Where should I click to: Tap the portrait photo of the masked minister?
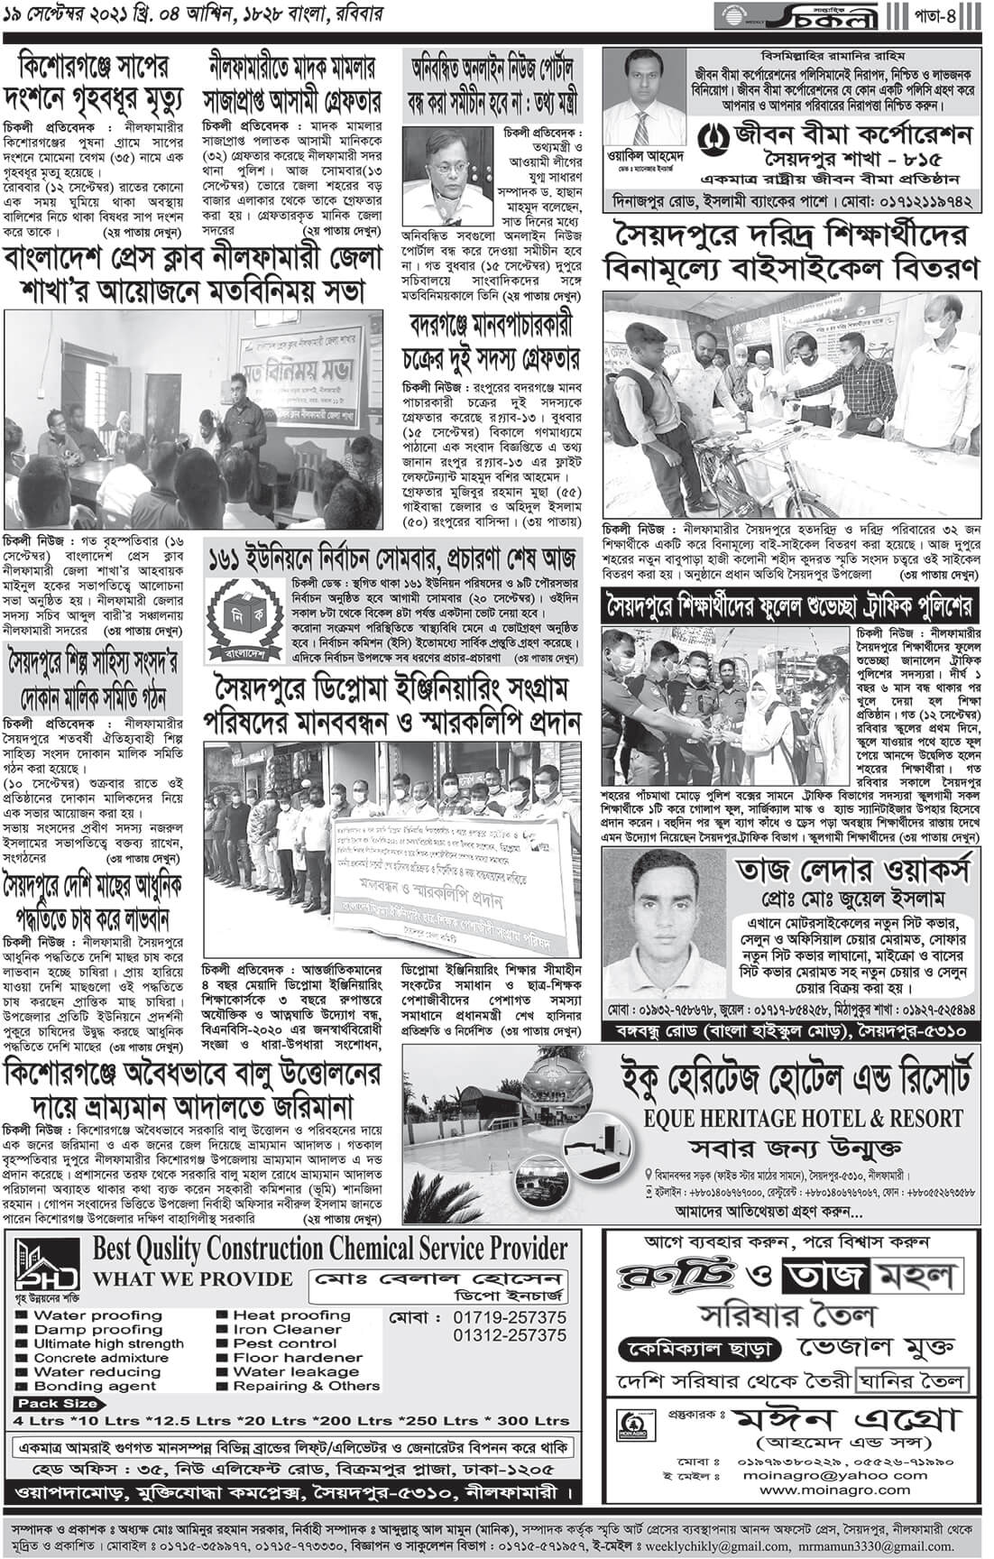[442, 176]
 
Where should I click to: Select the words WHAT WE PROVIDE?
[193, 1279]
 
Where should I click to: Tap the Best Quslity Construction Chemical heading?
[332, 1250]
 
